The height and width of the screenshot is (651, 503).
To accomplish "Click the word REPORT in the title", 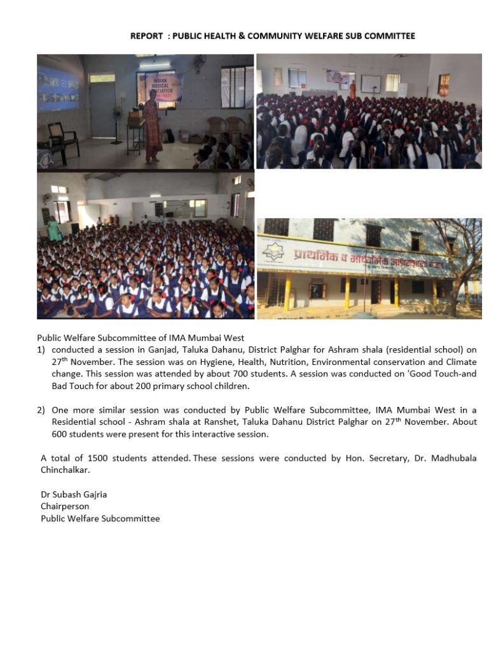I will coord(146,36).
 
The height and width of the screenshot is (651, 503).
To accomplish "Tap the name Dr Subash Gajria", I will coord(69,495).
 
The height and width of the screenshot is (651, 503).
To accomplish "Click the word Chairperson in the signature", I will coord(65,507).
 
